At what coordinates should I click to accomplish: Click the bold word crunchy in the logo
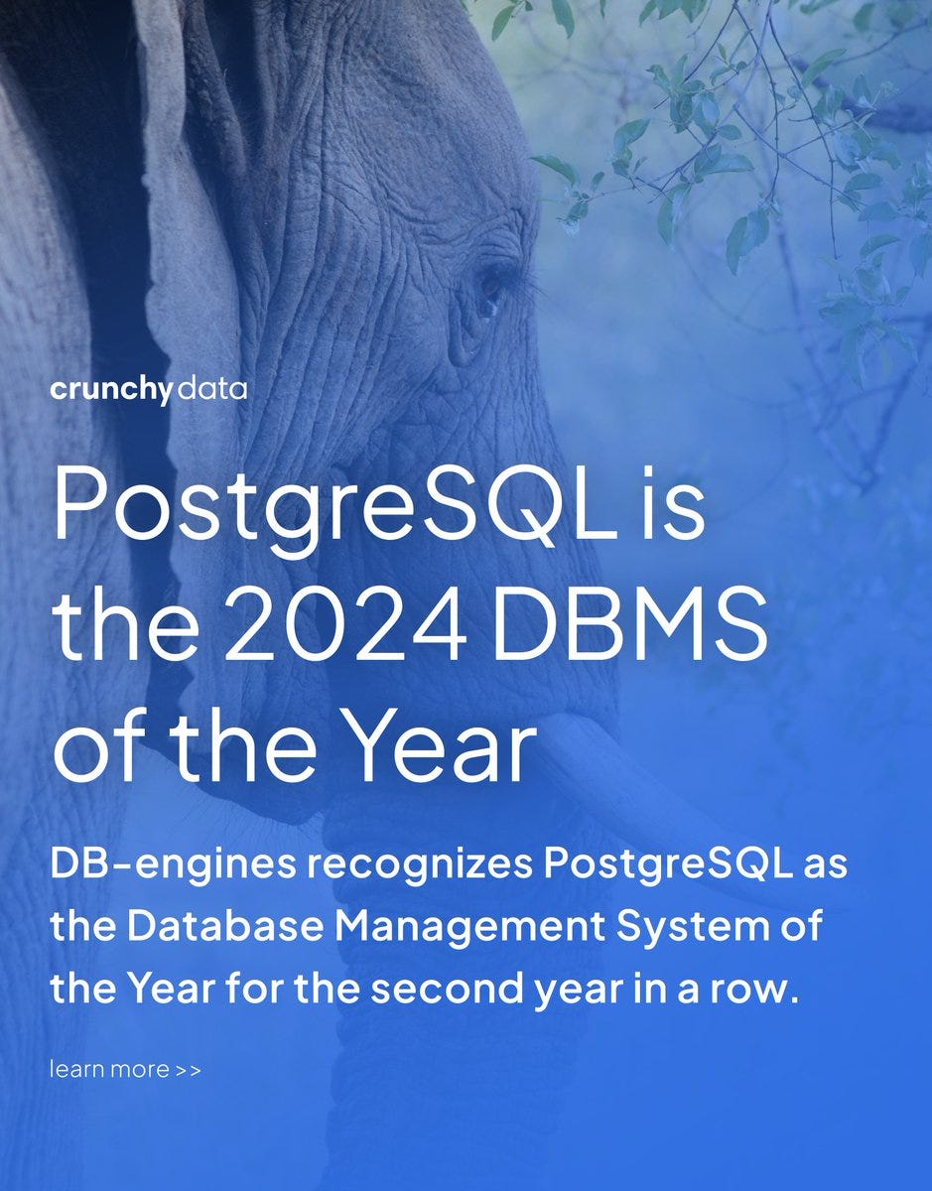click(x=111, y=390)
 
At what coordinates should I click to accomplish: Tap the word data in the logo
click(x=211, y=389)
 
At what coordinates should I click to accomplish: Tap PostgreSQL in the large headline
click(x=334, y=505)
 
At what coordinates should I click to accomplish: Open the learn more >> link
click(x=125, y=1070)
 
